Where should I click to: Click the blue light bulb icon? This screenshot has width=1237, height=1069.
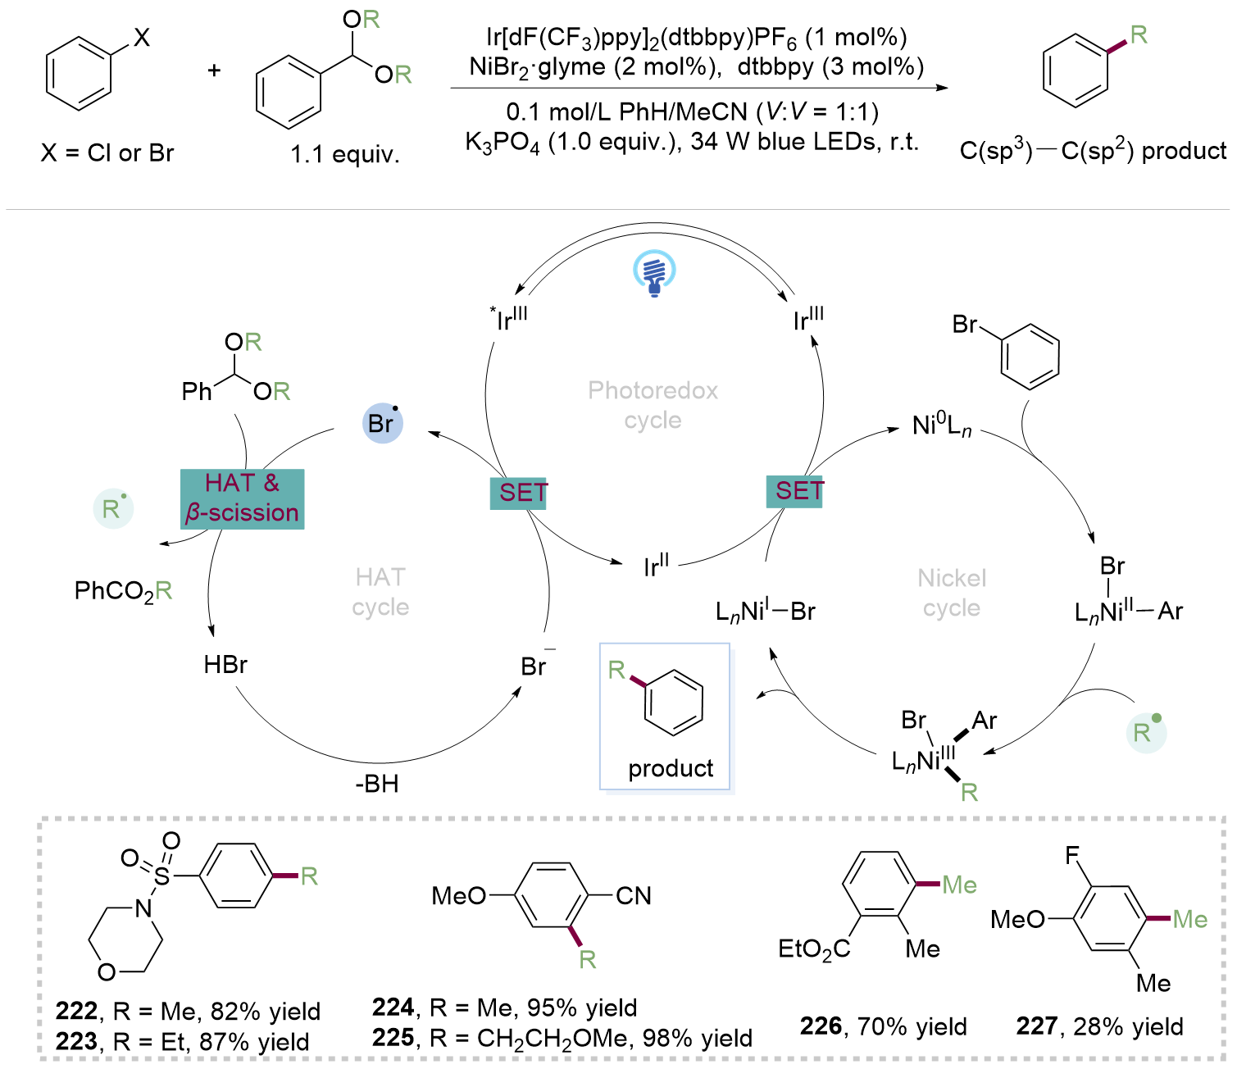point(654,273)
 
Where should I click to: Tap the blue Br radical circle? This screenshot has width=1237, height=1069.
point(382,423)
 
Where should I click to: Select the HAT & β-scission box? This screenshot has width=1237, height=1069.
point(242,498)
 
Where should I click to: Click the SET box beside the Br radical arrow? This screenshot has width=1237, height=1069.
point(519,493)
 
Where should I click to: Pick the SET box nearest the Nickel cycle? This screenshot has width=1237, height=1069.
point(795,491)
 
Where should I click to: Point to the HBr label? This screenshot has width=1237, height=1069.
point(225,664)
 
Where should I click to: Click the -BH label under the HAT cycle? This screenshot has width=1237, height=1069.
point(377,784)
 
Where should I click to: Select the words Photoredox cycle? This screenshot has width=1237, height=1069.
point(653,405)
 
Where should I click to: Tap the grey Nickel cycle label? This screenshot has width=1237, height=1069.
point(952,593)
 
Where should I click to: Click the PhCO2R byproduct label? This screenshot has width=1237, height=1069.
point(123,591)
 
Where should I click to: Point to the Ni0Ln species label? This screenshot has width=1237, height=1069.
point(942,425)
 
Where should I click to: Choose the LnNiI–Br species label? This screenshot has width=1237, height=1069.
point(765,612)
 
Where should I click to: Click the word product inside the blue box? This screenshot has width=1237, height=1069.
point(671,768)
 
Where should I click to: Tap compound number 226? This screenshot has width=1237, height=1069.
point(821,1026)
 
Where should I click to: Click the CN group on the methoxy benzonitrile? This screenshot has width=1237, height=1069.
point(633,896)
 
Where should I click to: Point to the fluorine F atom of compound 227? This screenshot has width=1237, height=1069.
point(1072,857)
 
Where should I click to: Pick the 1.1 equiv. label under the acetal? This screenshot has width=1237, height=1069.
point(345,154)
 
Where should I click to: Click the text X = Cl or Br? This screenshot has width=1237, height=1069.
point(107,152)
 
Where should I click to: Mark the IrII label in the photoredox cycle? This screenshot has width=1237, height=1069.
point(656,565)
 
